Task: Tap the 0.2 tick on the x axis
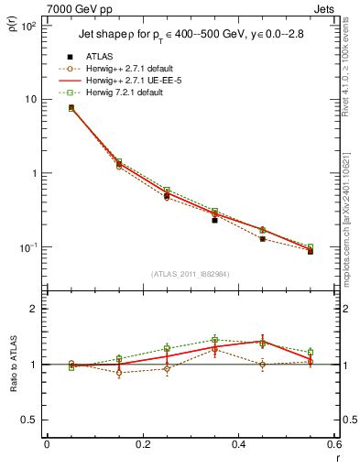point(142,446)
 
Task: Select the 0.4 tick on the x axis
point(239,446)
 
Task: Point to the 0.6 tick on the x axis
point(334,446)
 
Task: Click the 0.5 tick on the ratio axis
point(30,420)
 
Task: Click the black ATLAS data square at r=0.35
point(214,220)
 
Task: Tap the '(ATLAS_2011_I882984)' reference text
point(191,273)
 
